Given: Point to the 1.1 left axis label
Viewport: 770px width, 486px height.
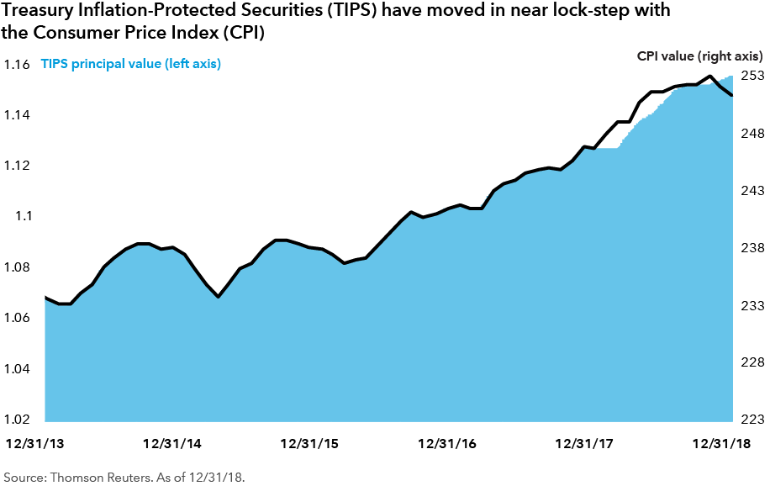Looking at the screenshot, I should tap(20, 216).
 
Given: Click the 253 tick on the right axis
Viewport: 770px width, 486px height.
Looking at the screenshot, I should tap(752, 76).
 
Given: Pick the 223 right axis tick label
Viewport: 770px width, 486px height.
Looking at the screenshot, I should tap(752, 420).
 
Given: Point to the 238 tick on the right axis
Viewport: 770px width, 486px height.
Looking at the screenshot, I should tap(752, 248).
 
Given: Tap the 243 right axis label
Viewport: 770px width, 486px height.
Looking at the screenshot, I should tap(752, 191).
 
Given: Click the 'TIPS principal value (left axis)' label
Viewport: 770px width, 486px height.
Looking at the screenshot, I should tap(130, 65).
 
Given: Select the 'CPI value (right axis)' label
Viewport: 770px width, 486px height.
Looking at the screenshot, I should tap(699, 55).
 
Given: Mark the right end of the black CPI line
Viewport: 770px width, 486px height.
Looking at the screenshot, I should tap(732, 95).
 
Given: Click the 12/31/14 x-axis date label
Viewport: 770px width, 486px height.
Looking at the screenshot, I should tap(171, 443).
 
